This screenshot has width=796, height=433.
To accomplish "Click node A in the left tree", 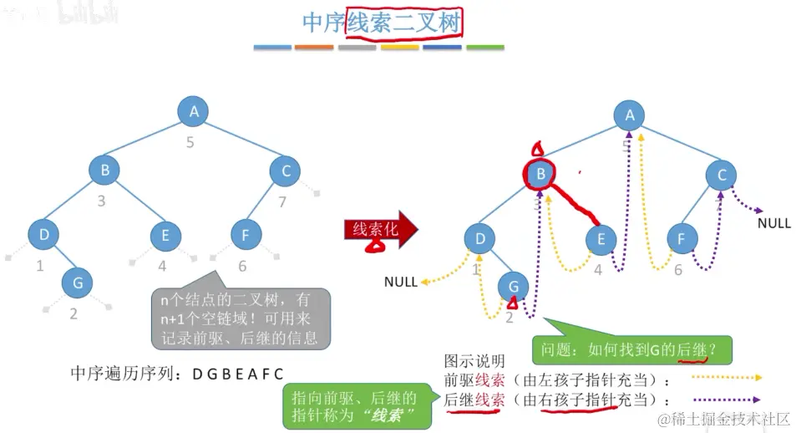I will (194, 110).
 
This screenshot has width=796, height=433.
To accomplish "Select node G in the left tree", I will (78, 283).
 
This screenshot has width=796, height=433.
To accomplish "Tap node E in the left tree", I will (165, 236).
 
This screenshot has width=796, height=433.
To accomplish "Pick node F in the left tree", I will (245, 236).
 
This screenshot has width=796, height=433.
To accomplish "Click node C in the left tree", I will (286, 171).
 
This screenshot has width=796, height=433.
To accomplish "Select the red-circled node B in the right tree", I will (541, 174).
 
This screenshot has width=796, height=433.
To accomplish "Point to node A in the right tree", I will (630, 116).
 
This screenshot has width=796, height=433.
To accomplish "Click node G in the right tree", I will (513, 287).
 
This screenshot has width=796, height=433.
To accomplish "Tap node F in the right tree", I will (682, 239).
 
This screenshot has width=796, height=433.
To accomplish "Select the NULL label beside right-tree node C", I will (774, 223).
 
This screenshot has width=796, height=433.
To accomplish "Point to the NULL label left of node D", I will (400, 282).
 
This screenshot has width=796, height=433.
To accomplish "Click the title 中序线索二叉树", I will (382, 23).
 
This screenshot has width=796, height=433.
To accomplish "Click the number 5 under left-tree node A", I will (190, 142).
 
